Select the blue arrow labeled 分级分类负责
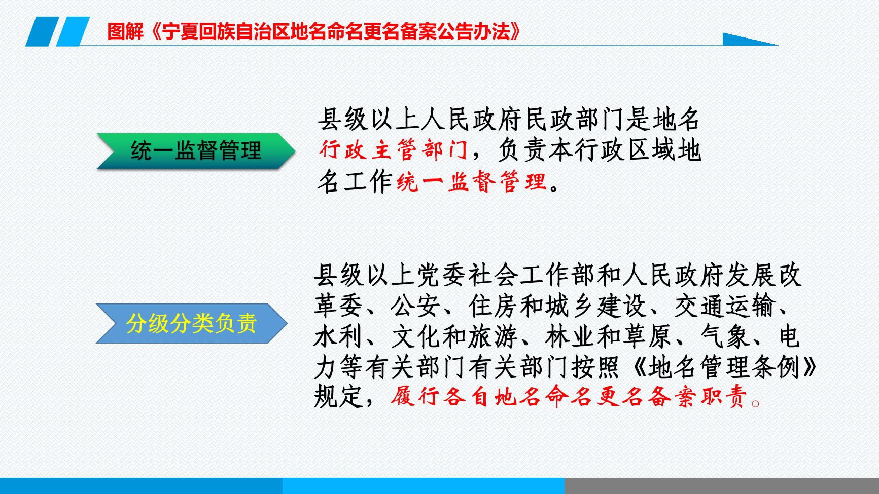pos(192,323)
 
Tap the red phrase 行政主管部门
pos(394,151)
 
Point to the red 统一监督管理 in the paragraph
pos(472,181)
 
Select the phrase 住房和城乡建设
pos(557,306)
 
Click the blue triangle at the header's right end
pos(750,39)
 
